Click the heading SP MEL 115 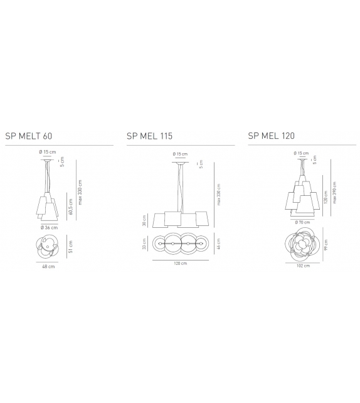[x=149, y=135]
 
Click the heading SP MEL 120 [x=271, y=135]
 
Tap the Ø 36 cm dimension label [x=49, y=227]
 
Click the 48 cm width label [x=49, y=266]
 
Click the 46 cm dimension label [x=218, y=244]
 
